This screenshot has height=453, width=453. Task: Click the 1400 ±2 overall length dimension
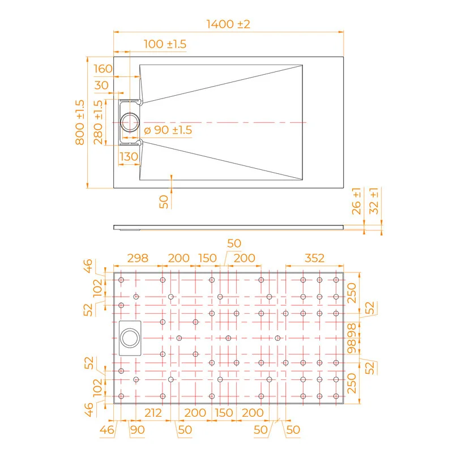coord(228,24)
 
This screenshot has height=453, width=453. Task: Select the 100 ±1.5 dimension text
coord(165,44)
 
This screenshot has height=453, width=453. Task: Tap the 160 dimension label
coord(102,69)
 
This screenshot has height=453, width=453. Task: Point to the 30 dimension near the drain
coord(102,85)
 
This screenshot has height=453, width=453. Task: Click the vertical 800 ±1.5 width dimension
coord(79,122)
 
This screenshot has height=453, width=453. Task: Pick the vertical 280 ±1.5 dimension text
coord(99,122)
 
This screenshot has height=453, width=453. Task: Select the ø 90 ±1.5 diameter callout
coord(168,130)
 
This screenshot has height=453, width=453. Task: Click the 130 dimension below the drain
coord(129,156)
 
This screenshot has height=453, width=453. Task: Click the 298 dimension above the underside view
coord(137,258)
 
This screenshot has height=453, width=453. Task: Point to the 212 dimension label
coord(153,413)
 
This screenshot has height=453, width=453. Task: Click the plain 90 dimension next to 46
coord(138,430)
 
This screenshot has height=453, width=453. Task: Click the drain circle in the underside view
coord(130,338)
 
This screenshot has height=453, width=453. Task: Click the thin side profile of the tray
coord(228,227)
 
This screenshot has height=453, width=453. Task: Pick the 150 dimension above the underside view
coord(207,258)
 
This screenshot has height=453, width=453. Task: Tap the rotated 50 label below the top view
coord(164,201)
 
